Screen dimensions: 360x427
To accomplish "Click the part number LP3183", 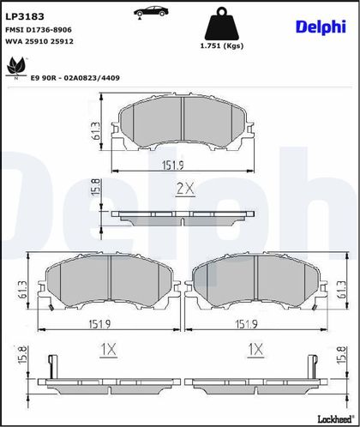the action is coord(25,16).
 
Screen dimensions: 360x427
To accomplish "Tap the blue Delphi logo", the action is coord(321,27).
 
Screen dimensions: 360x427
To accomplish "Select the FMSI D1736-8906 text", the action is coord(39,30).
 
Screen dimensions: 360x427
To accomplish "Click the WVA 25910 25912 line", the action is coord(39,41).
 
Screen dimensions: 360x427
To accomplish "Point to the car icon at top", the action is coord(151,12).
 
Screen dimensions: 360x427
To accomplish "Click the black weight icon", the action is coord(222,23).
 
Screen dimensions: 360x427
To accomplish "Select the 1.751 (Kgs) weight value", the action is coord(222,45).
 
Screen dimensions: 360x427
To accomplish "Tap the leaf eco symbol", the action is coord(15,68).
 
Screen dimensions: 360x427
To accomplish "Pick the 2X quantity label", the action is coord(185,189).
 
